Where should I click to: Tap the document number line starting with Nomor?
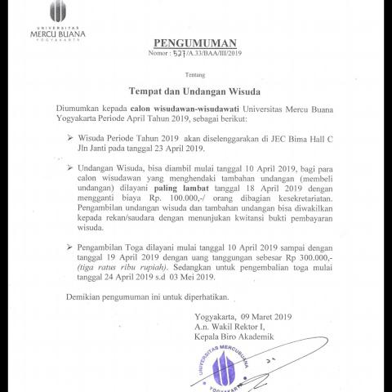click(x=195, y=53)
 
